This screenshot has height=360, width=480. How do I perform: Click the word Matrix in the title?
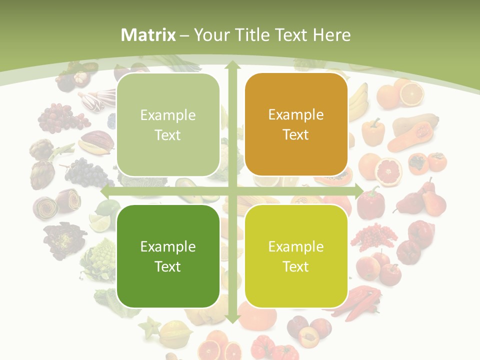pyautogui.click(x=148, y=35)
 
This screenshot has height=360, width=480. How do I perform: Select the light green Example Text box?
pyautogui.click(x=168, y=125)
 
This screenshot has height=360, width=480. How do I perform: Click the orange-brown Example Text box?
pyautogui.click(x=296, y=124)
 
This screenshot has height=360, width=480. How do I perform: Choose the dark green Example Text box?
pyautogui.click(x=168, y=256)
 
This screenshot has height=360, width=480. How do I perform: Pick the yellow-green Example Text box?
pyautogui.click(x=296, y=256)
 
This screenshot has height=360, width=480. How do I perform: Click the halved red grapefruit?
pyautogui.click(x=388, y=171)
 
